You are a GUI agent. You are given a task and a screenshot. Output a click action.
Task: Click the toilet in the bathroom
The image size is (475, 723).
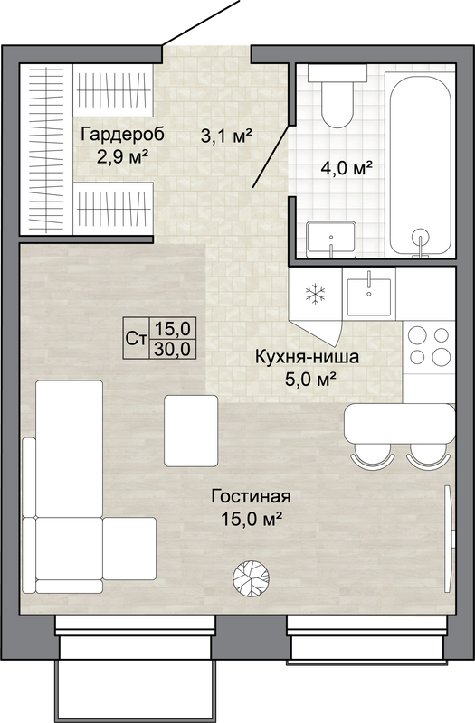pos(337,96)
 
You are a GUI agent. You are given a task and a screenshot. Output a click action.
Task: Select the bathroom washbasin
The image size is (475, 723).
pos(331,239)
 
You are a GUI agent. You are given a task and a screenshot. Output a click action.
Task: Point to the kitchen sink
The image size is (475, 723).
pos(369,295)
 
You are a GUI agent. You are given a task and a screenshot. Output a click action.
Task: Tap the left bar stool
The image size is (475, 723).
pos(373,455)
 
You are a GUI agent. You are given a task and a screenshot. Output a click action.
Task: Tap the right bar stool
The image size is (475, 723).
pos(428,455)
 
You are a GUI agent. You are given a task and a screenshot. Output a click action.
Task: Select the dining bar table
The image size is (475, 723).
pos(400,423)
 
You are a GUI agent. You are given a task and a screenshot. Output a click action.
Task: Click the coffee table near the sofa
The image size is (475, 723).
pos(191,430)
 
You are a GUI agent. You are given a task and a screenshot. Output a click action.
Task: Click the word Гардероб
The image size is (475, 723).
pos(122,135)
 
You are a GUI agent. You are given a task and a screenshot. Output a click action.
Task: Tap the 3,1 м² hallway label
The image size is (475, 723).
pos(226,136)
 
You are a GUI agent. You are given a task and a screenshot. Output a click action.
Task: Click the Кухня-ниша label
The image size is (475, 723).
pos(307,357)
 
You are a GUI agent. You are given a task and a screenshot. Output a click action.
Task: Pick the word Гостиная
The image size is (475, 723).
pos(251,496)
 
